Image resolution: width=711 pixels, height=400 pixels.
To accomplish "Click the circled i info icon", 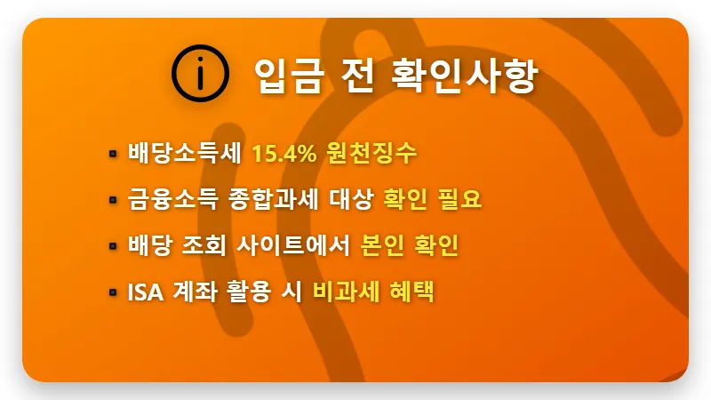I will (201, 73).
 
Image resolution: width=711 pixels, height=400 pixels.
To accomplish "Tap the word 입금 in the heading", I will (279, 73).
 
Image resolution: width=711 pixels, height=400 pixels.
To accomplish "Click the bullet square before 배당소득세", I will (113, 154).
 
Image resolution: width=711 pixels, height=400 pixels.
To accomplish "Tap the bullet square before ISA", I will (113, 292).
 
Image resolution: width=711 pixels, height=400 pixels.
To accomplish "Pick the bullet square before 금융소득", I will (113, 200).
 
